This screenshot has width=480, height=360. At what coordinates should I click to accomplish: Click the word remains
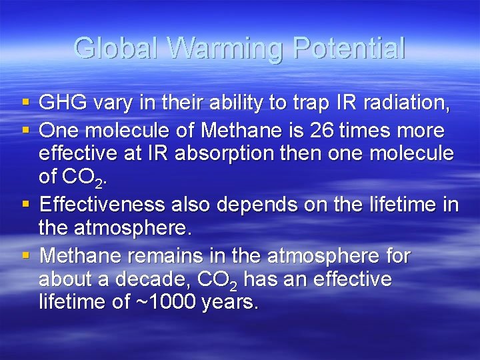(159, 255)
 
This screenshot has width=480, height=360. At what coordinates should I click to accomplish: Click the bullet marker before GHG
(25, 103)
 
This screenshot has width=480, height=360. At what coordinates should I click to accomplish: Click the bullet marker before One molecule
(25, 129)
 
